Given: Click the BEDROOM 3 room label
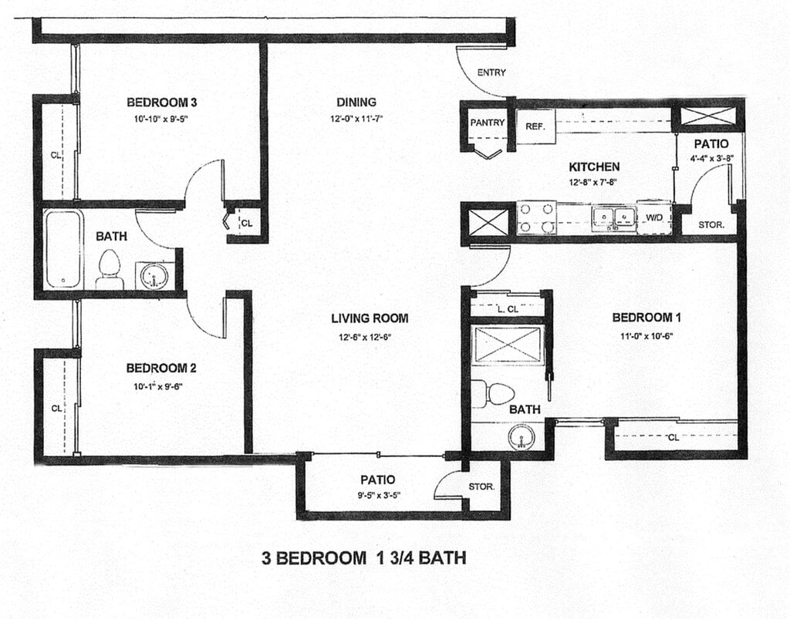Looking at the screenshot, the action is click(162, 103).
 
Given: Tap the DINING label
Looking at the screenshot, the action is click(356, 103).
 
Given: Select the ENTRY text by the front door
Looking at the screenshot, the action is click(491, 72).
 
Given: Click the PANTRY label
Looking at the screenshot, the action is click(488, 123).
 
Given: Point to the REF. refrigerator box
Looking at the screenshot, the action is click(535, 126).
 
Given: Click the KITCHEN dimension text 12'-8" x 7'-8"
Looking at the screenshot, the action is click(593, 183).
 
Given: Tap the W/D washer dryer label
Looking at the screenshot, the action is click(654, 217).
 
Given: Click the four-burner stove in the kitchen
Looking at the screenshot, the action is click(536, 218).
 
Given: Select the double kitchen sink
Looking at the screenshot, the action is click(613, 217).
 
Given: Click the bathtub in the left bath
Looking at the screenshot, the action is click(62, 249).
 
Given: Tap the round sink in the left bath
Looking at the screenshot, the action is click(154, 276).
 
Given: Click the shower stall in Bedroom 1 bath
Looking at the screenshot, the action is click(509, 345).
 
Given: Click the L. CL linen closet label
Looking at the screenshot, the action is click(508, 309).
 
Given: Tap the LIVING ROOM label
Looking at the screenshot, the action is click(370, 318).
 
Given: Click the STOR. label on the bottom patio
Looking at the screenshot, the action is click(481, 486).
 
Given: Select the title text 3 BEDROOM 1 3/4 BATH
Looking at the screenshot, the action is click(363, 557).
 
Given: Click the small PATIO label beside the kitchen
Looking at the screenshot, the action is click(711, 144).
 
